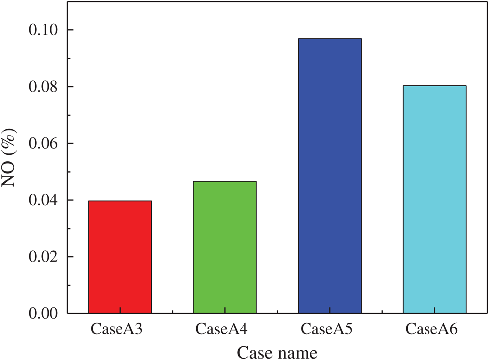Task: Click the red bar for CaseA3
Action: pyautogui.click(x=120, y=257)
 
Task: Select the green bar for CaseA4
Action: pyautogui.click(x=225, y=247)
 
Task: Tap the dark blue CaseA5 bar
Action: pyautogui.click(x=329, y=176)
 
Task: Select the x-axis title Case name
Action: pyautogui.click(x=277, y=352)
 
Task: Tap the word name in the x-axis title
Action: pyautogui.click(x=299, y=352)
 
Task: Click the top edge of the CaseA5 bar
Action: pyautogui.click(x=329, y=39)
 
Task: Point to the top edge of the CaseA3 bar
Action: pyautogui.click(x=120, y=201)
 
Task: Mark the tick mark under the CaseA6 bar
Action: pyautogui.click(x=434, y=311)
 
